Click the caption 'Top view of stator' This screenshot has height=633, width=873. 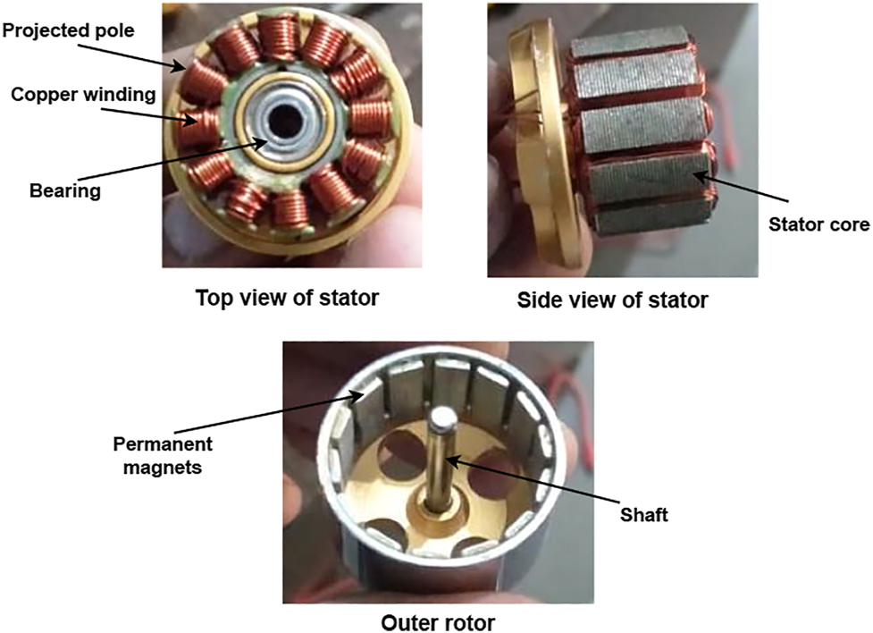tap(287, 298)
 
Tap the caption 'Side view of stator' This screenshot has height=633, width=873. tap(614, 300)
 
